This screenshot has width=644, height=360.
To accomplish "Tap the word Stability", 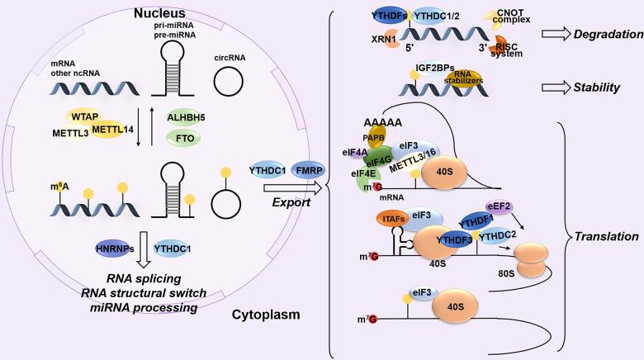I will tap(597, 87).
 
